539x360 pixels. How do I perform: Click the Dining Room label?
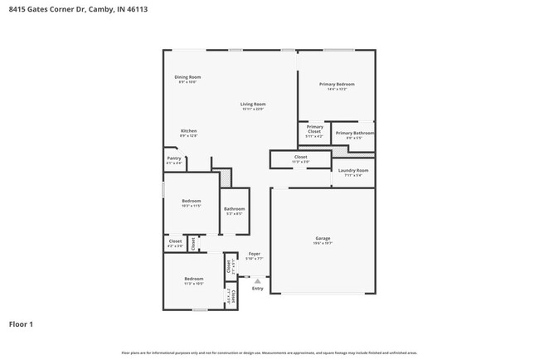pos(187,77)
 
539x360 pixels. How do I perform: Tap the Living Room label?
pos(253,104)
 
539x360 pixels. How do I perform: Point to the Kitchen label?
pos(189,131)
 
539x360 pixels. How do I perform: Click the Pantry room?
pos(174,160)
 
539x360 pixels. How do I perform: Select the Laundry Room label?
pos(352,171)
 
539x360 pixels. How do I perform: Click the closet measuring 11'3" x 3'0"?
pos(300,158)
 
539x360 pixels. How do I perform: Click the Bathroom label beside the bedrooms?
pos(234,208)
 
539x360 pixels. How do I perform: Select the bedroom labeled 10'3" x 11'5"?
pos(192,202)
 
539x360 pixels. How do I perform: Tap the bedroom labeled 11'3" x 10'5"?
pos(194,280)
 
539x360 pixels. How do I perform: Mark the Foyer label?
pos(254,254)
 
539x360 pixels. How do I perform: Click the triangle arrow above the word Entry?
pos(257,281)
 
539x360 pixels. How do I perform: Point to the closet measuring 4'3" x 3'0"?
pos(175,243)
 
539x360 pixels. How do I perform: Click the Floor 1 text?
pos(21,324)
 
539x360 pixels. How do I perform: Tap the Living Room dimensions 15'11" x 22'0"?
pos(253,109)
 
